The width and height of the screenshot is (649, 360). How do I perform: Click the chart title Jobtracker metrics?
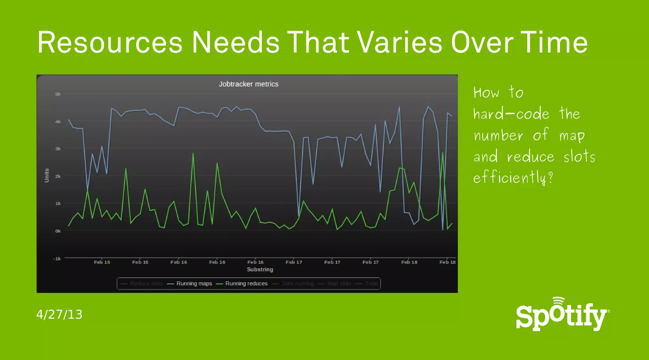[248, 84]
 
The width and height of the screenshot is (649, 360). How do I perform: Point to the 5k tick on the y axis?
[58, 94]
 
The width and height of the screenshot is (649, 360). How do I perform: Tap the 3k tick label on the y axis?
[58, 149]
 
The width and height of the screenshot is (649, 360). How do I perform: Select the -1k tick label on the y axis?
[57, 259]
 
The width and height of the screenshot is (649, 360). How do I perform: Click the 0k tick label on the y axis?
[58, 231]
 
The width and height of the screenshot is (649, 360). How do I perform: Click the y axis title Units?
[47, 175]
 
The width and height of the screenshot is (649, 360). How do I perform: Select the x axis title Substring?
[260, 269]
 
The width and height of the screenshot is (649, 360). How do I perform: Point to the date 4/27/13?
[59, 314]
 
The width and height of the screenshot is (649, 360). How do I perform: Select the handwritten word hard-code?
[511, 113]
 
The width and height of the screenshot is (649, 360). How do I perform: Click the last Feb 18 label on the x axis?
[447, 262]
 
